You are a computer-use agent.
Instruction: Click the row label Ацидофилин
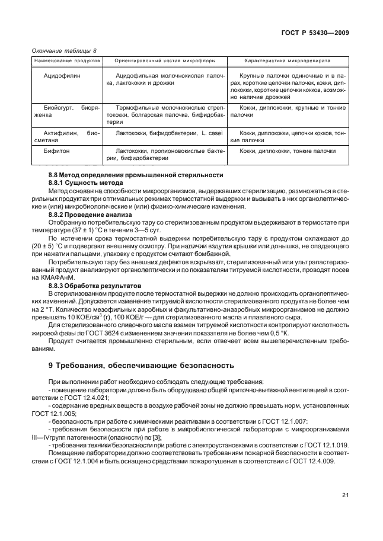pos(62,76)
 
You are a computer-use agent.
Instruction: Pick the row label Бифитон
pos(58,151)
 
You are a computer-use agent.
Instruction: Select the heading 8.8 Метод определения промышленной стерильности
pos(135,175)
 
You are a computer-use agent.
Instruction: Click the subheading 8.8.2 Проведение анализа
pos(90,214)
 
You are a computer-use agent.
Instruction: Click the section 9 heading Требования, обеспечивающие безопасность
pos(141,365)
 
